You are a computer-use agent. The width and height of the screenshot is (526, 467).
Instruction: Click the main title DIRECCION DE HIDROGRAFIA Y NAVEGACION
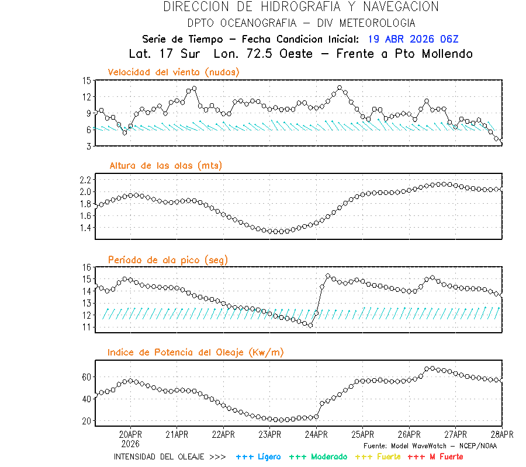pyautogui.click(x=301, y=7)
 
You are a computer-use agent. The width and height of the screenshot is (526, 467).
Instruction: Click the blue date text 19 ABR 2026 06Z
pyautogui.click(x=413, y=40)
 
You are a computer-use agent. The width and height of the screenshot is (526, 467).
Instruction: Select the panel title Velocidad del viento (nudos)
pyautogui.click(x=174, y=72)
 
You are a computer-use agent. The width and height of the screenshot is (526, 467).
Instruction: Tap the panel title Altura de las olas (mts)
pyautogui.click(x=165, y=166)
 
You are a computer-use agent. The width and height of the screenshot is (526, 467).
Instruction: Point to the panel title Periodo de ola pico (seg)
pyautogui.click(x=168, y=259)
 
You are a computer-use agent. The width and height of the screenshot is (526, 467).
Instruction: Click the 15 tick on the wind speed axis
pyautogui.click(x=86, y=81)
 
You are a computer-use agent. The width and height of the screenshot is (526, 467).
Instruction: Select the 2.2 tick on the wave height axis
pyautogui.click(x=85, y=179)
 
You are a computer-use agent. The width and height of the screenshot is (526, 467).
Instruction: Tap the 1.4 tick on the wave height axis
pyautogui.click(x=85, y=228)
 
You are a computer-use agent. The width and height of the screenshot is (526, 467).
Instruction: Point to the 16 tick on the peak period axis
pyautogui.click(x=86, y=267)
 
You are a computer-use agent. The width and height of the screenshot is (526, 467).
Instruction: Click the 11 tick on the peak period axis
pyautogui.click(x=86, y=327)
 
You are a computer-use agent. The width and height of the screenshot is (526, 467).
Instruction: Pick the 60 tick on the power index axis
pyautogui.click(x=86, y=377)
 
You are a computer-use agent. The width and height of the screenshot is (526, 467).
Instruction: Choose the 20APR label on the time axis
pyautogui.click(x=130, y=434)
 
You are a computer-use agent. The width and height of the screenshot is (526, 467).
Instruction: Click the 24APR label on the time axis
pyautogui.click(x=316, y=434)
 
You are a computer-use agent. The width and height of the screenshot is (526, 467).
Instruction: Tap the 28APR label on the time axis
pyautogui.click(x=501, y=434)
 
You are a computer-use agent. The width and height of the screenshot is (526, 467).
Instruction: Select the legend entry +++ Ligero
pyautogui.click(x=258, y=456)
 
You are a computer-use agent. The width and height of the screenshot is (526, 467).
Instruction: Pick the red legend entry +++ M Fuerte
pyautogui.click(x=435, y=456)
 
